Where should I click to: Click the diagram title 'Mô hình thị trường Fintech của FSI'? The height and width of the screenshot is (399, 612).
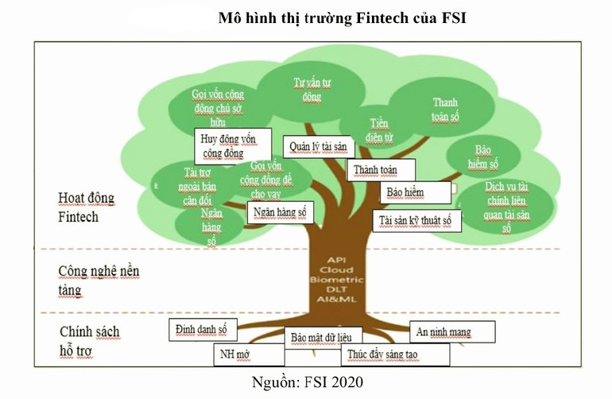(342, 18)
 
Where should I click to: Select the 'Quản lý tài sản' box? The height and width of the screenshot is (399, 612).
(319, 147)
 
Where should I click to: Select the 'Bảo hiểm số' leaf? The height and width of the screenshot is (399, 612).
(486, 157)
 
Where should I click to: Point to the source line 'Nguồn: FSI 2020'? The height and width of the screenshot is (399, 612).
(306, 382)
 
